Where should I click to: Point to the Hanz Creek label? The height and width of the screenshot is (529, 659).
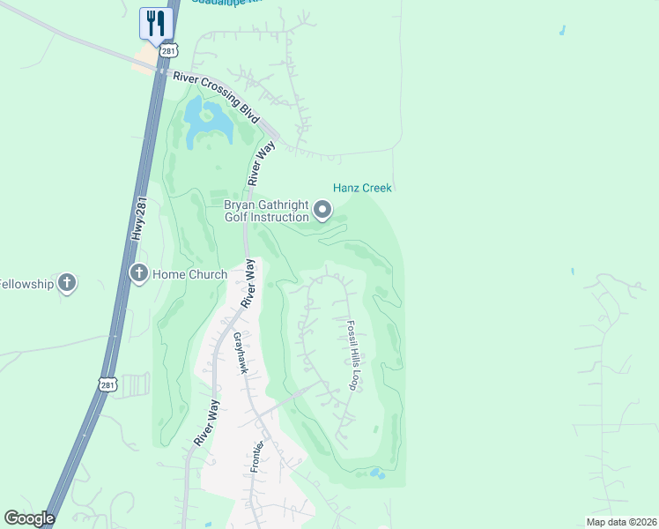(x=362, y=188)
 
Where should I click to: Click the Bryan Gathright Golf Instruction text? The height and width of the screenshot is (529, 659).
(x=266, y=211)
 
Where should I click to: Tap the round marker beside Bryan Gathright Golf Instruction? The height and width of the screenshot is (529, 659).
(x=322, y=210)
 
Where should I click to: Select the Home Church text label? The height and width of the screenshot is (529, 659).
(x=189, y=274)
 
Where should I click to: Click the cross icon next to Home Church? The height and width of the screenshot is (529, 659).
(x=138, y=273)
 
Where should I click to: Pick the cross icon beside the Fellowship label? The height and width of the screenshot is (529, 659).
(x=66, y=283)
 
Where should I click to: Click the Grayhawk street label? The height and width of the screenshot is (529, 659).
(x=239, y=353)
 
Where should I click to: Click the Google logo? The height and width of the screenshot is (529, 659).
(x=28, y=518)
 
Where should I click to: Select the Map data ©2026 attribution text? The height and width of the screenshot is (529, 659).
(x=620, y=522)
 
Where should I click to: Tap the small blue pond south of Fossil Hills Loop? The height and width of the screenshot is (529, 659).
(x=377, y=474)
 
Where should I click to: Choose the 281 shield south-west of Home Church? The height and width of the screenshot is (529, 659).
(x=107, y=384)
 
